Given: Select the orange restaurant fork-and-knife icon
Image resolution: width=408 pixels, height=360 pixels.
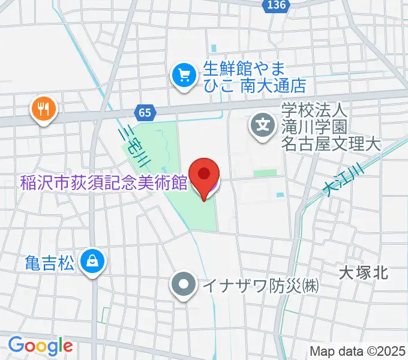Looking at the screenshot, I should pyautogui.click(x=43, y=109).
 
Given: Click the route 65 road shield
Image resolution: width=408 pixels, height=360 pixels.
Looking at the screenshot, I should pyautogui.click(x=145, y=112).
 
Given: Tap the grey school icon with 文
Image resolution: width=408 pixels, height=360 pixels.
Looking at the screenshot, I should pyautogui.click(x=263, y=125).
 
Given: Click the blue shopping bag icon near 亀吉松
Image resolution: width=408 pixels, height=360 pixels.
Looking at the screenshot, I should pyautogui.click(x=93, y=262).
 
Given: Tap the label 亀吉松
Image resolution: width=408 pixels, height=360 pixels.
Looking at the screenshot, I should pyautogui.click(x=50, y=262).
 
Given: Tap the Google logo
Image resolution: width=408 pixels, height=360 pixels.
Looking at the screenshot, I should pyautogui.click(x=40, y=346).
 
